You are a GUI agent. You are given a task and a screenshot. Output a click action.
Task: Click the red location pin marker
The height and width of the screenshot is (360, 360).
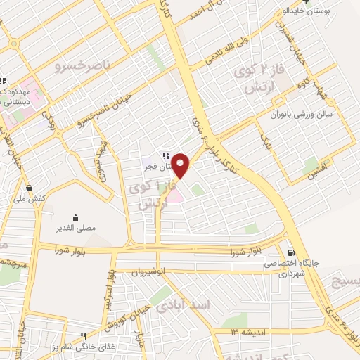(181, 165)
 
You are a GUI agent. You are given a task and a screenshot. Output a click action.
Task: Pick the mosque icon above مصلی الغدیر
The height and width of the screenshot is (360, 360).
(75, 217)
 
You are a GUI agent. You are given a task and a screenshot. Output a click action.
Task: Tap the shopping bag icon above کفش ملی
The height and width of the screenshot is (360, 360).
(29, 188)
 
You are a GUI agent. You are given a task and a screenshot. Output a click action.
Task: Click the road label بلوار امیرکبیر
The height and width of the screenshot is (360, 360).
(110, 280)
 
